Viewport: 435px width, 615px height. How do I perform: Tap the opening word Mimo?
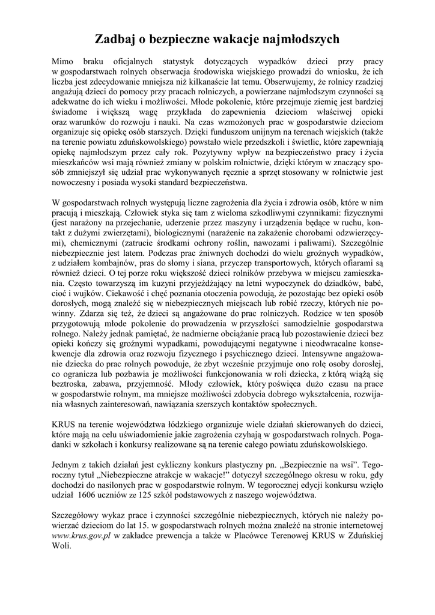[x=62, y=61]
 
